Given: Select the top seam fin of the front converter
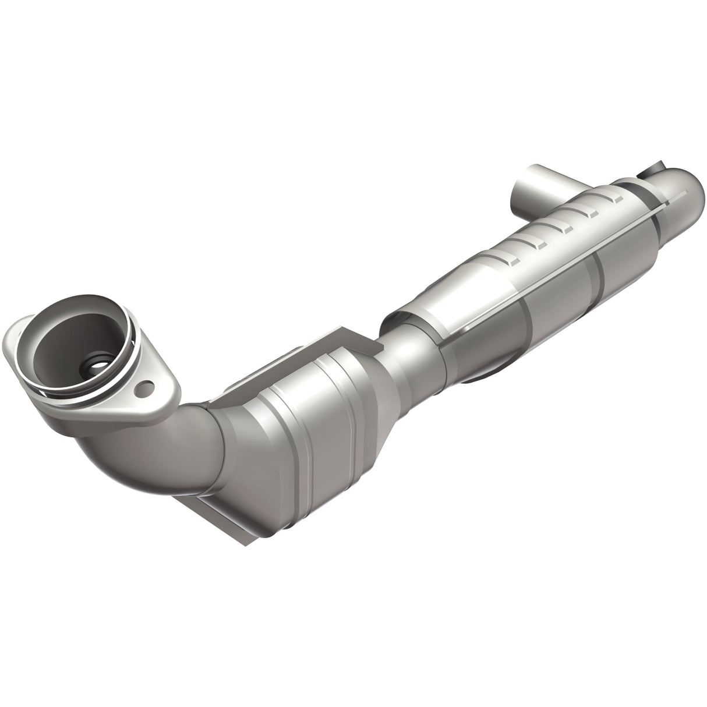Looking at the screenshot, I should [326, 349].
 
